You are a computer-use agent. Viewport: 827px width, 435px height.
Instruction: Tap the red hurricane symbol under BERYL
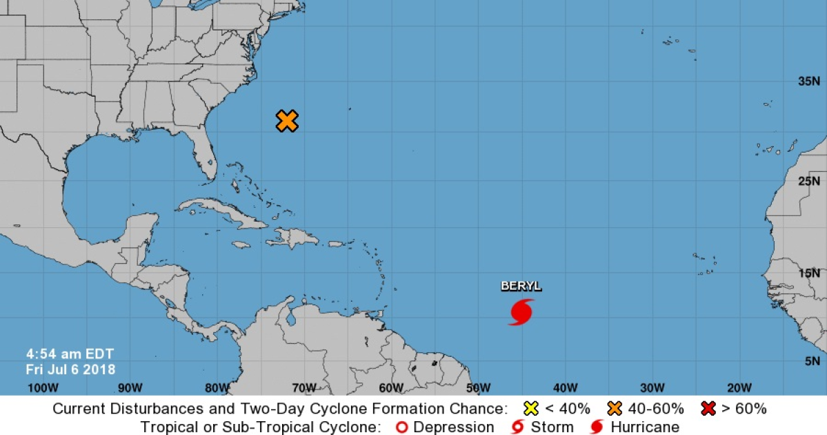(x=521, y=312)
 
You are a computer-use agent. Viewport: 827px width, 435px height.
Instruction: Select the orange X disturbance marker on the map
(x=287, y=121)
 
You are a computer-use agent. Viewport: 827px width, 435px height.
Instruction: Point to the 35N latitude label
(x=808, y=81)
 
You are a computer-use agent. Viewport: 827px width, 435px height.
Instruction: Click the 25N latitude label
(x=808, y=182)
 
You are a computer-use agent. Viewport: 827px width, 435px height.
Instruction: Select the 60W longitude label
(x=390, y=387)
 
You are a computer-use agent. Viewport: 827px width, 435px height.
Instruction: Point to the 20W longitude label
(x=738, y=387)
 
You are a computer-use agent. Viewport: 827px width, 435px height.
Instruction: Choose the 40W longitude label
(x=564, y=387)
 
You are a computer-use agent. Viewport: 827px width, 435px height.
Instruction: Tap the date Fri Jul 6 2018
(x=70, y=369)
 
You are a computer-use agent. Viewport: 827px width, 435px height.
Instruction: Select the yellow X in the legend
(x=531, y=408)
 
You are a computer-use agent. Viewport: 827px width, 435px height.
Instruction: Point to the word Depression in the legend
(x=453, y=427)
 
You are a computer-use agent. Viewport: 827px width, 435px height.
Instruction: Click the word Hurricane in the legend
(x=645, y=427)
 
